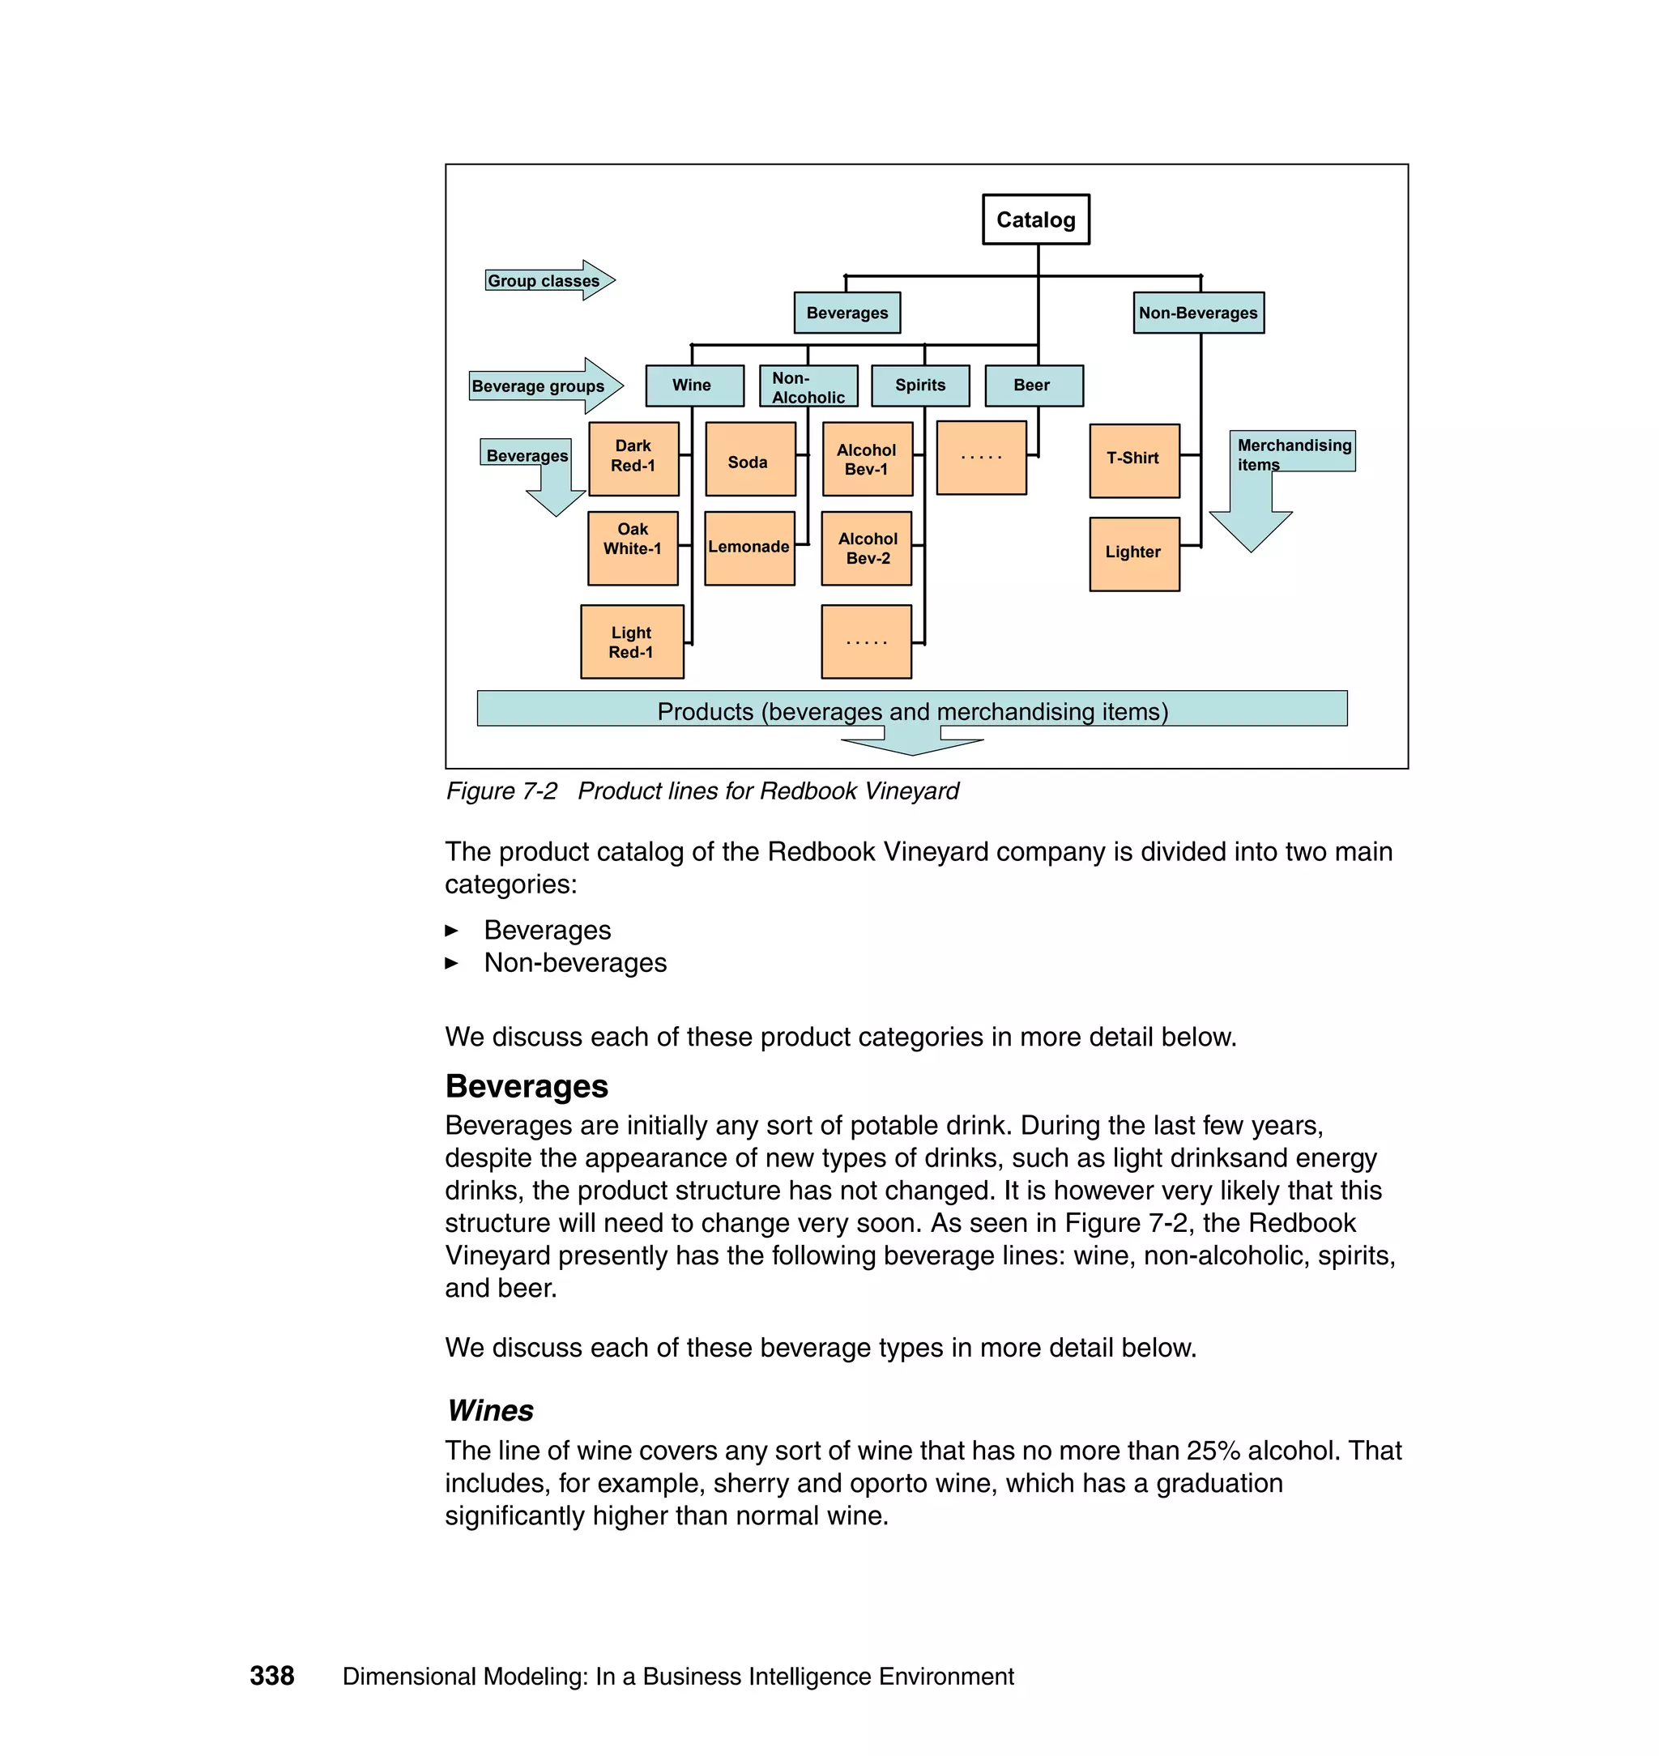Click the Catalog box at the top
(x=1035, y=219)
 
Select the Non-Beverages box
(x=1198, y=313)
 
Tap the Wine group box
(x=693, y=386)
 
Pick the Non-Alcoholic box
(x=808, y=386)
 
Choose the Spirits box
(x=919, y=386)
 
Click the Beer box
(x=1033, y=386)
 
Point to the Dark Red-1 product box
(x=633, y=458)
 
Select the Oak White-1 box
(x=633, y=548)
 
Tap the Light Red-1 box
(x=631, y=642)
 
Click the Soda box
(x=750, y=459)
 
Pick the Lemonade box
(x=749, y=548)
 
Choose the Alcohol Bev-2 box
(x=867, y=548)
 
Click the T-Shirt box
(x=1134, y=460)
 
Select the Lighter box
(x=1134, y=553)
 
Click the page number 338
(x=271, y=1676)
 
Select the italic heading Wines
(x=490, y=1410)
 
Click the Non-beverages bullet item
(x=575, y=962)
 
